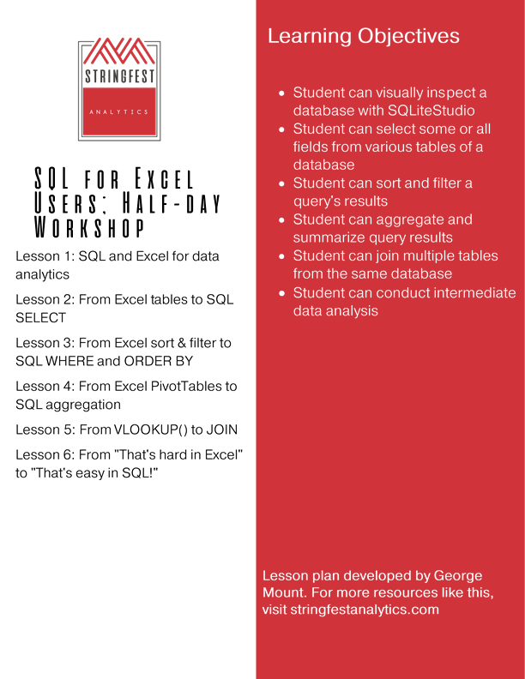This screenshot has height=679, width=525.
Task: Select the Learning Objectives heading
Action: pos(364,36)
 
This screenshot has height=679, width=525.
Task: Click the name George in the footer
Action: pos(459,575)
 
